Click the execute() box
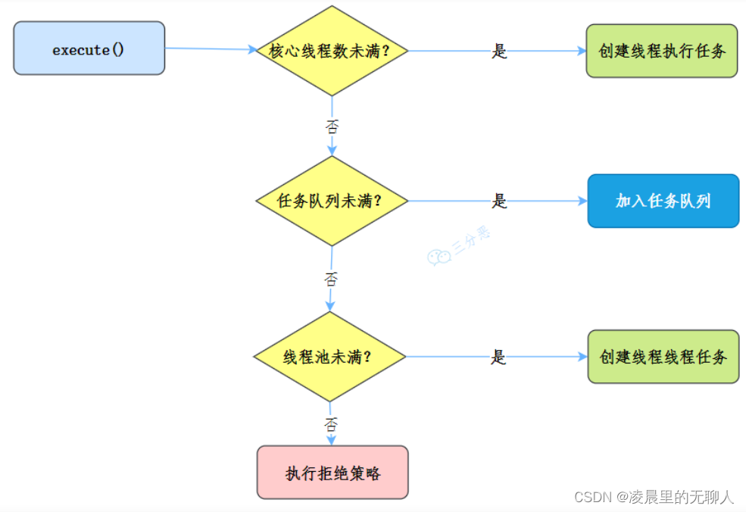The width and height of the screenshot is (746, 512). pos(89,48)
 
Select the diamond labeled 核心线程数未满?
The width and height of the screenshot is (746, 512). pos(332,51)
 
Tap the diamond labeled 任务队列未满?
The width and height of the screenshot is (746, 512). pos(331,201)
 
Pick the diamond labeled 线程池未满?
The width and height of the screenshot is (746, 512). pos(330,357)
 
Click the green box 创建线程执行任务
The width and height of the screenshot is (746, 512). pos(661,51)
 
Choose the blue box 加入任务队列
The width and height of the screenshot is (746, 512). pos(663,201)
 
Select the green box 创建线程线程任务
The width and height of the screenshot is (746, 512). pos(663,357)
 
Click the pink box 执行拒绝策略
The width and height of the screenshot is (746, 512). pos(332,473)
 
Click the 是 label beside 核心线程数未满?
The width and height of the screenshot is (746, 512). pos(499,52)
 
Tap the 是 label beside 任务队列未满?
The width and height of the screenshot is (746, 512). pos(499,201)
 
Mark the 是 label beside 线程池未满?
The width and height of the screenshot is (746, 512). pos(498,357)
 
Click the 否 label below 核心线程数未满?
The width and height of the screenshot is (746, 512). pos(332,126)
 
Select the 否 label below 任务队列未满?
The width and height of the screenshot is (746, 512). pos(331,279)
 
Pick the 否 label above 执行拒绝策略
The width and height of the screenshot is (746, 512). pos(331,425)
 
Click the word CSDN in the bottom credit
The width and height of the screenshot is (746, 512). pos(593,498)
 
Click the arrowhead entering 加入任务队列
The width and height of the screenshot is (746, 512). pos(582,201)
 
